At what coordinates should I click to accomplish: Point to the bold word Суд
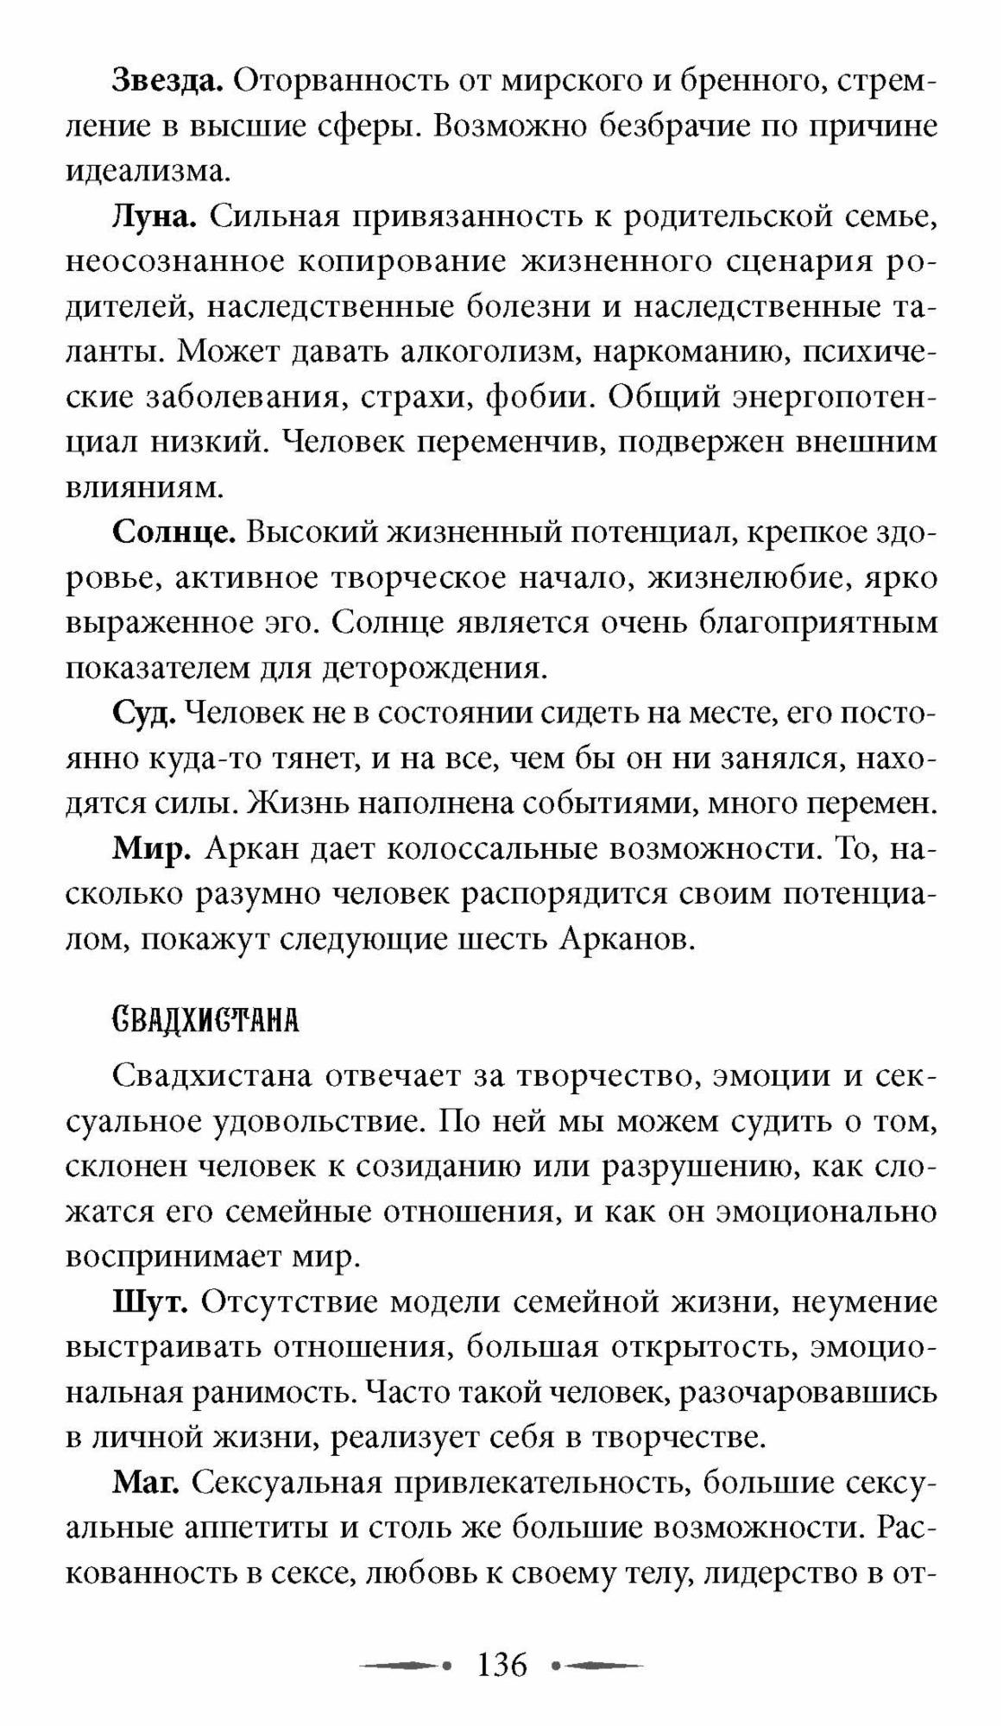tap(144, 713)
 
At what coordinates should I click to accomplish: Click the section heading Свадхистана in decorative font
tap(205, 1021)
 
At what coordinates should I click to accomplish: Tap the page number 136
tap(501, 1664)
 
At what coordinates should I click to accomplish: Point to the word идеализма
tap(148, 173)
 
